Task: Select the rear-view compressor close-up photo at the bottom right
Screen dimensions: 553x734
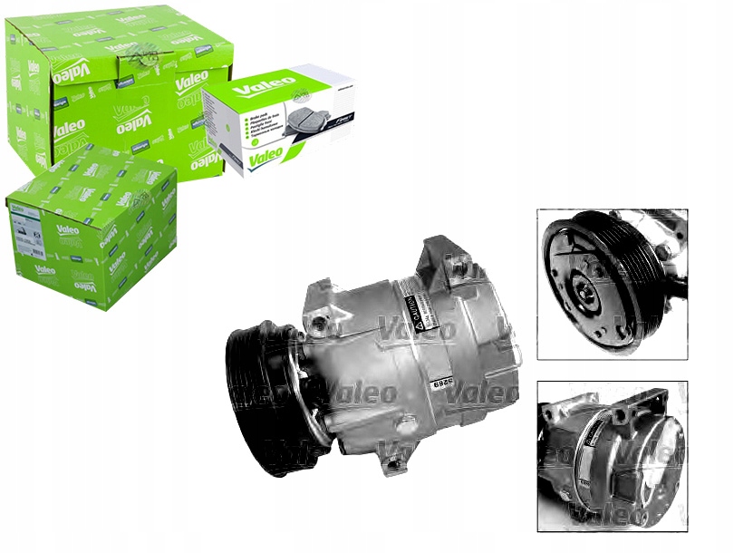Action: pyautogui.click(x=612, y=455)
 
